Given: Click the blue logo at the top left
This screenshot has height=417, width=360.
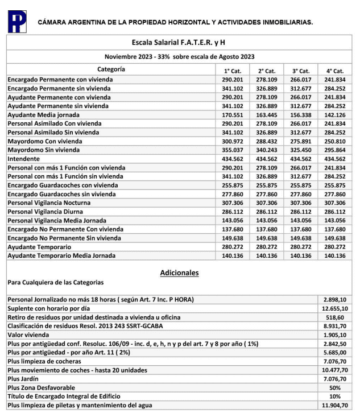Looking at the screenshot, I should point(16,22).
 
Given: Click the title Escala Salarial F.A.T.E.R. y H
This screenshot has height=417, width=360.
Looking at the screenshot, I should point(179,43).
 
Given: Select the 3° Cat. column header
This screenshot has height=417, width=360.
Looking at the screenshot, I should point(300,70).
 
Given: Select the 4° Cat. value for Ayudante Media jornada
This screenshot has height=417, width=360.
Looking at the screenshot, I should point(334,114).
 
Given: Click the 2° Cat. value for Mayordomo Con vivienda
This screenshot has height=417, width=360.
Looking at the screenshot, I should point(266,141).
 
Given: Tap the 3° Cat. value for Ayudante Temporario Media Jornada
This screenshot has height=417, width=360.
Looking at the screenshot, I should point(300,256).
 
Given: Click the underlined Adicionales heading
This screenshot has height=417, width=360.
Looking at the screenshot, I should point(179,273).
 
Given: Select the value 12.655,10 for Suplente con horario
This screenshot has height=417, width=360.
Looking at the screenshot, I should point(334,308).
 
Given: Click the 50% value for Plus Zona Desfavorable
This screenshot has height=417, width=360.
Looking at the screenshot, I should point(334,387).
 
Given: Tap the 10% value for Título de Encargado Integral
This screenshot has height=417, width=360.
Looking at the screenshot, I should point(334,397).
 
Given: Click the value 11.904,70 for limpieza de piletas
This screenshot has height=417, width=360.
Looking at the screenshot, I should point(334,406).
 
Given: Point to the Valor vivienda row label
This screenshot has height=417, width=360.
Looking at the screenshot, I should point(30,335).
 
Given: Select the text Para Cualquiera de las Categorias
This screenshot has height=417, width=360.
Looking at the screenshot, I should point(56,282).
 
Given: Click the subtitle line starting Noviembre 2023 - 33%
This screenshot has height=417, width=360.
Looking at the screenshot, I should point(179,57).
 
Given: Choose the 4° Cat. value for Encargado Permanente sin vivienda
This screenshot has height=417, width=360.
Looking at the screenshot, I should point(334,88).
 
